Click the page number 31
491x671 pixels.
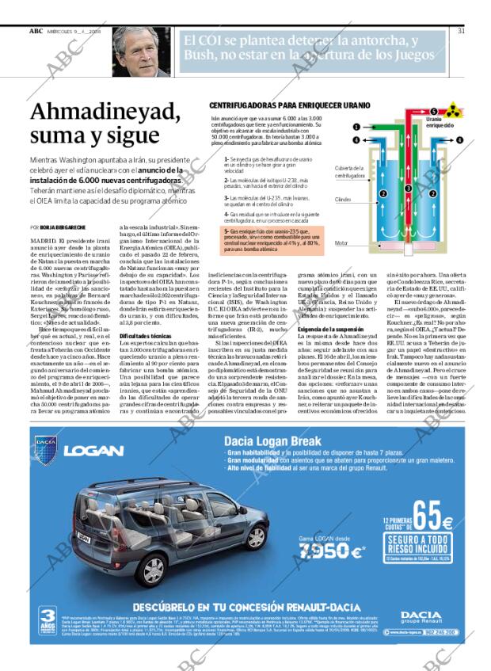[x=461, y=31]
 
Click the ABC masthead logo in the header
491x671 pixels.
[x=36, y=31]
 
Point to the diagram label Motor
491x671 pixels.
[x=341, y=243]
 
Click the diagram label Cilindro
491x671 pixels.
[x=343, y=200]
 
